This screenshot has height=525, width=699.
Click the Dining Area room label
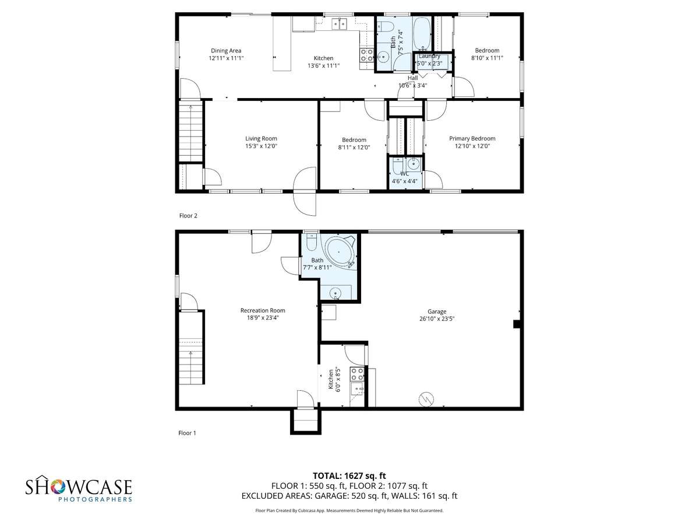[x=226, y=51]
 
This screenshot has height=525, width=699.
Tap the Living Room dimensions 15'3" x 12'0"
[x=261, y=146]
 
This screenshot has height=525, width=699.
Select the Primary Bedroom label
[x=472, y=139]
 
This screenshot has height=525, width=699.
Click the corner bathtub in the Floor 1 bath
[x=340, y=252]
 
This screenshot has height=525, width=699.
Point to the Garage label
[x=437, y=311]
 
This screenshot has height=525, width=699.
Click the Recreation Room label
[x=263, y=310]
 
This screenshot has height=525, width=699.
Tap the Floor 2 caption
[x=188, y=216]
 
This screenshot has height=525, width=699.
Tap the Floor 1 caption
[x=187, y=433]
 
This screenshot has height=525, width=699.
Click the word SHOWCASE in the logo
[x=79, y=487]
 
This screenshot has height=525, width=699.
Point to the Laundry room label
[x=429, y=56]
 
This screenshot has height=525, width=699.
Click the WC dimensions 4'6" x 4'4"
[x=404, y=181]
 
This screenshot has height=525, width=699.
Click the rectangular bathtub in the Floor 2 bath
[x=422, y=33]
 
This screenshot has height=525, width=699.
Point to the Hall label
[x=412, y=78]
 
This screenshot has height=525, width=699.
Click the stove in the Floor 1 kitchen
[x=356, y=374]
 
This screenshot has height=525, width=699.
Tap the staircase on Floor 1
[x=190, y=348]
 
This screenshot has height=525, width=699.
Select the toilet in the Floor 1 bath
[x=311, y=242]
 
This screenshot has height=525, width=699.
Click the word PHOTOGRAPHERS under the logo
[x=95, y=499]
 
